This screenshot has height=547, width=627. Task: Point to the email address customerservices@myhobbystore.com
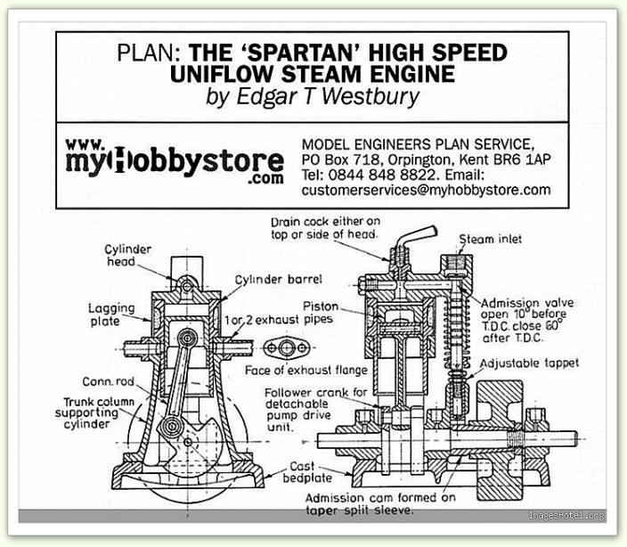426,190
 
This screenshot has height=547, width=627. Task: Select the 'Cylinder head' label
128,256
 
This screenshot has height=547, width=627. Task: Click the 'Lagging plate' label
112,314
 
